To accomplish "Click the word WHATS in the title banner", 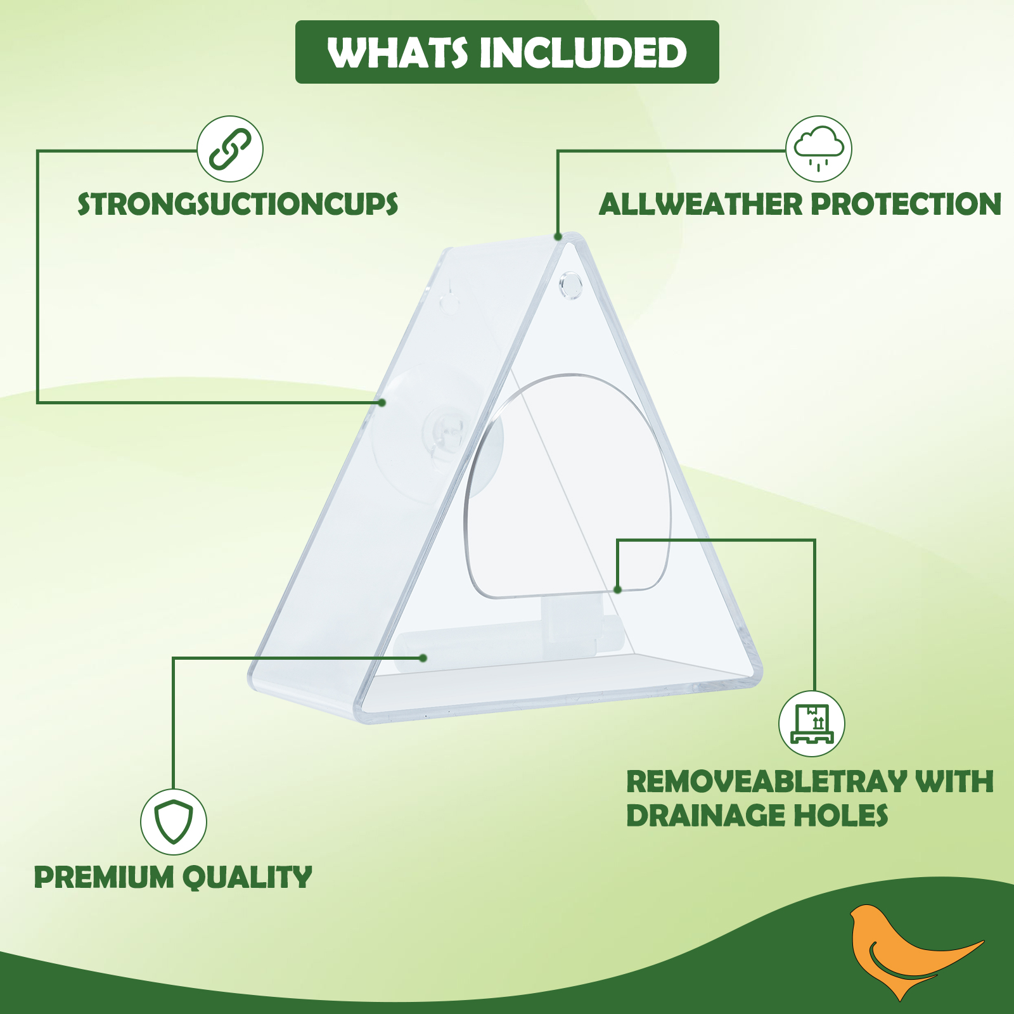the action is tap(397, 53).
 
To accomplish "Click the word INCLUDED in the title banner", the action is tap(584, 53).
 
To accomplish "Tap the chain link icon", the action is tap(230, 149).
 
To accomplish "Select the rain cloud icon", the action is tap(819, 149).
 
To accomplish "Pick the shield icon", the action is tap(174, 822).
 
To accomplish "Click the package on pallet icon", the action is tap(812, 724).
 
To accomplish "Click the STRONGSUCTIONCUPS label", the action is tap(238, 204).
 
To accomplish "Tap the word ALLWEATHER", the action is tap(701, 204).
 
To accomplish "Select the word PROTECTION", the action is tap(906, 204).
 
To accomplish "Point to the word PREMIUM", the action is tap(104, 878).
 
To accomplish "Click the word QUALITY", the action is tap(248, 878).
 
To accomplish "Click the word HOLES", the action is tap(841, 816).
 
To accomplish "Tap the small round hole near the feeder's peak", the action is tap(570, 285).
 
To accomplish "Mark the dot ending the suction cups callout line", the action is tap(382, 402).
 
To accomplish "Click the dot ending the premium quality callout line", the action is tap(423, 658).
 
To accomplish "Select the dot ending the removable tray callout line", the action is tap(618, 589).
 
